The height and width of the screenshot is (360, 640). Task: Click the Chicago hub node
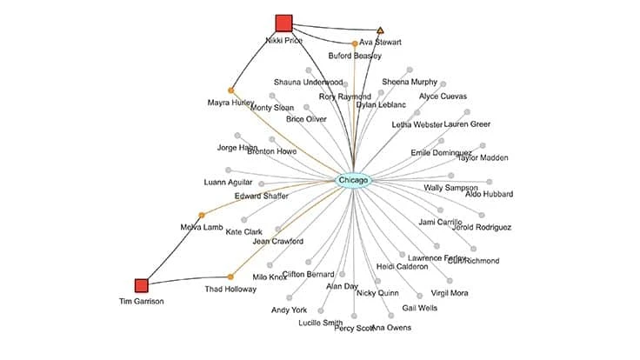coord(353,180)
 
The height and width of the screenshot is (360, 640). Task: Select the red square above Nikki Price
coord(283,23)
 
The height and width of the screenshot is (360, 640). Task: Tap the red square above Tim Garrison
coord(142,285)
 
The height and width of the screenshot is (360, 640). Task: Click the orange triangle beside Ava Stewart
coord(380,30)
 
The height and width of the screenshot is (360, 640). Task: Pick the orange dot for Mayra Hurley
coord(231,90)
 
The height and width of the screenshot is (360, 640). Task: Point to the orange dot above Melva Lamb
coord(201,215)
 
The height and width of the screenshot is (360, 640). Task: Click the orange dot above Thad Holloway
coord(230,277)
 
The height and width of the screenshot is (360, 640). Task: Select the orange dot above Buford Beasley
coord(355,43)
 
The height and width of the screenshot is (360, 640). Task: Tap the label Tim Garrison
coord(142,302)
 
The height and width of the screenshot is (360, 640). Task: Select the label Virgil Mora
coord(450,293)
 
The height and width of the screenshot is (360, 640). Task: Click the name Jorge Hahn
coord(237,148)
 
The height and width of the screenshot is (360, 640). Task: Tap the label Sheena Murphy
coord(410,82)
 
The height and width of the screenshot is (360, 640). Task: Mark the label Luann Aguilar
coord(229,183)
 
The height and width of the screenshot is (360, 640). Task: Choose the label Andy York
coord(289,310)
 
